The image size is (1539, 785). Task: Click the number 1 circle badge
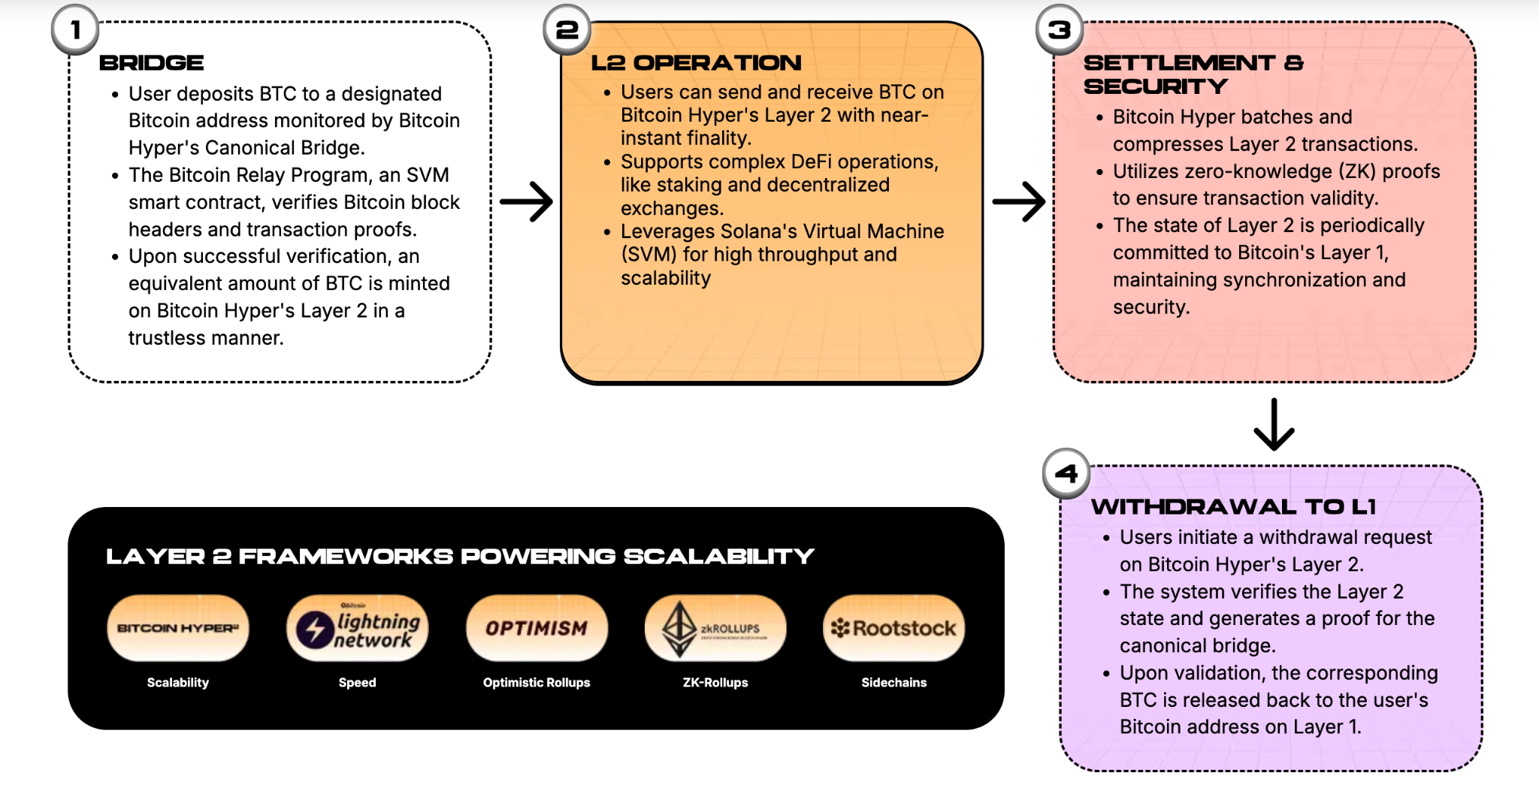point(75,30)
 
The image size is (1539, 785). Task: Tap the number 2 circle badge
point(567,30)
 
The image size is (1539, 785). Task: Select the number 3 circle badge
point(1060,30)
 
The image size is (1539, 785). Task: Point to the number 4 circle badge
point(1066,473)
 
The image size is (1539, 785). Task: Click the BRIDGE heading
point(151,63)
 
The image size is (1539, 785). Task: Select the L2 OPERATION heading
point(696,63)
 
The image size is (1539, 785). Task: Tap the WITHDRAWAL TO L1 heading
point(1233,507)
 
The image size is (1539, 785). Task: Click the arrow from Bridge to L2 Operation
point(526,201)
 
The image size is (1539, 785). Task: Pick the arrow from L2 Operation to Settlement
point(1018,201)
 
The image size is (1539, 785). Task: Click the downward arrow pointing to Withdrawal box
point(1274,424)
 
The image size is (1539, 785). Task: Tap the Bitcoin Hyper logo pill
point(178,628)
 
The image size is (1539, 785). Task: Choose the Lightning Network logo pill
point(357,628)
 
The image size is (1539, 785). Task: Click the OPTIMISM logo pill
point(537,628)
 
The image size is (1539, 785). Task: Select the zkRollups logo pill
point(715,628)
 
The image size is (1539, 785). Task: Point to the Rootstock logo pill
point(894,628)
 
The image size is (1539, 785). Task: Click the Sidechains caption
point(894,682)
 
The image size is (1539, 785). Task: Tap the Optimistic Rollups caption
point(537,682)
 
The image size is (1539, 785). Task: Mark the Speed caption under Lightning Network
point(357,682)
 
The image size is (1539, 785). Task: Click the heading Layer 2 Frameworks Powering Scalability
point(460,557)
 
